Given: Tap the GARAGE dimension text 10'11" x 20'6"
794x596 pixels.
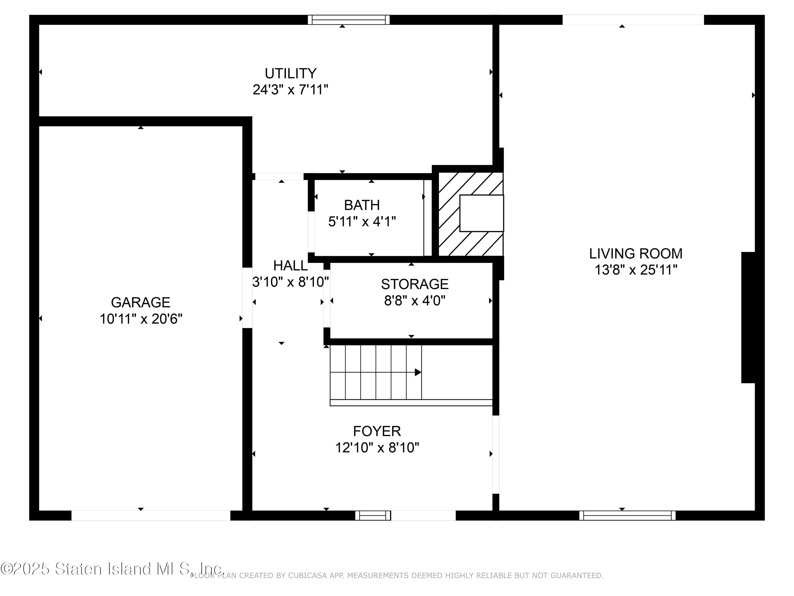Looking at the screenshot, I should (x=141, y=319).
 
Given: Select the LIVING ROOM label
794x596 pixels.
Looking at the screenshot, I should (x=635, y=254).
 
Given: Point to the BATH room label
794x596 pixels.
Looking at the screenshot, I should (x=362, y=205).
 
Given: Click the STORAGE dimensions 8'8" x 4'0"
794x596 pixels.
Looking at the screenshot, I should (x=414, y=300).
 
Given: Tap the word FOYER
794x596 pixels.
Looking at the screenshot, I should (x=377, y=431).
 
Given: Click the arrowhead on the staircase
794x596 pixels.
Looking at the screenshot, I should (x=418, y=372).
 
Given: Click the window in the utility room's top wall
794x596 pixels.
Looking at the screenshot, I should (x=349, y=20).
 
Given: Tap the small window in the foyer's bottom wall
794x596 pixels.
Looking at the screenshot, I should (x=373, y=515).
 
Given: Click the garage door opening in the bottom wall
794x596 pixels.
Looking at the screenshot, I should (x=151, y=515).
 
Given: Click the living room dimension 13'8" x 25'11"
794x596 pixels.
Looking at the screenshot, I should (x=636, y=270).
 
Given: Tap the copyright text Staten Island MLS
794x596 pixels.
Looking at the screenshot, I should (x=111, y=569).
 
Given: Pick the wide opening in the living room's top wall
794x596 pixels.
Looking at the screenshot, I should (x=633, y=20).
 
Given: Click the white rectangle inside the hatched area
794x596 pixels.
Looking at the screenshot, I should (x=481, y=213).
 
